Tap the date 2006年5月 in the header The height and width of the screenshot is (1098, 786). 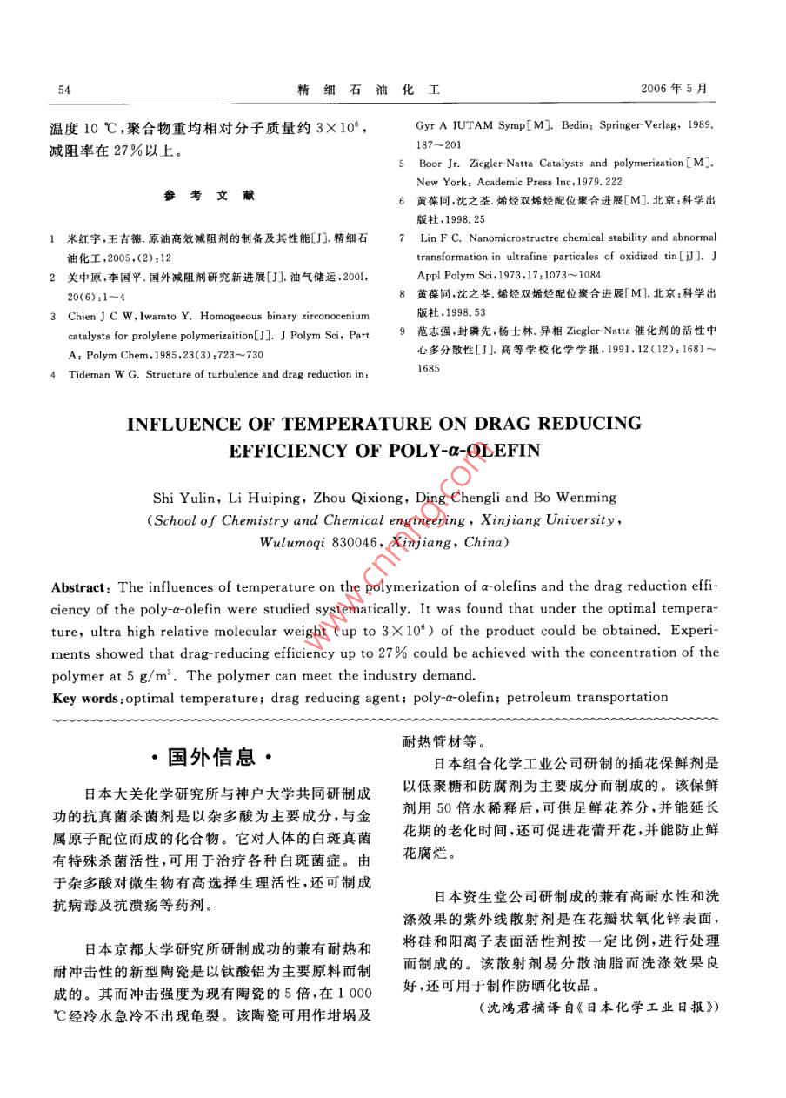point(674,90)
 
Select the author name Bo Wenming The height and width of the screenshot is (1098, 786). point(574,498)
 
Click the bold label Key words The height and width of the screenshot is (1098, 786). point(88,697)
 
